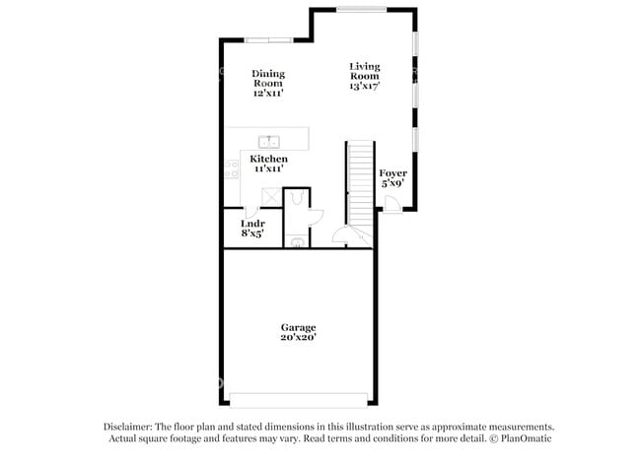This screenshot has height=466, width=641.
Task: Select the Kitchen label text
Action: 268,159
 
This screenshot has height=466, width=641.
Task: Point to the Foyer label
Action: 393,173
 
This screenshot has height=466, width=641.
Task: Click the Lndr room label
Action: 252,224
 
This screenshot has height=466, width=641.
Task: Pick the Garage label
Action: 297,326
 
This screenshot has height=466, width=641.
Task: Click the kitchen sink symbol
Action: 268,141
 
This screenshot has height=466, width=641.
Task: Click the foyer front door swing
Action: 391,204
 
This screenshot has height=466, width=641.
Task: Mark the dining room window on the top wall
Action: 268,39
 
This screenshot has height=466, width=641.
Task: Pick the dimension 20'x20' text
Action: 297,337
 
